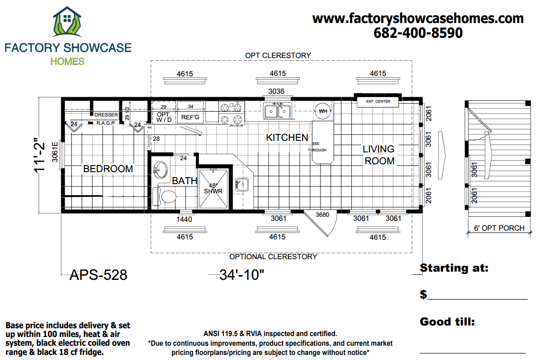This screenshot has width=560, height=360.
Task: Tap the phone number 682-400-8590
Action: point(418,33)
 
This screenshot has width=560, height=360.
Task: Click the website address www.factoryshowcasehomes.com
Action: point(418,18)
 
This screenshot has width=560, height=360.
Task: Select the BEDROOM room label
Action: point(108,169)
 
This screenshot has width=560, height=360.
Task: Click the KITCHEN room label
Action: point(287,138)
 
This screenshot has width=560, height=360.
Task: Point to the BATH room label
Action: point(185,181)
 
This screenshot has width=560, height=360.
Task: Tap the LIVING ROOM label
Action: point(379,155)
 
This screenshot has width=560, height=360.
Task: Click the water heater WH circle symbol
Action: point(323,111)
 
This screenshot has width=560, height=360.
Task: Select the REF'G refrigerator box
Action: point(190,117)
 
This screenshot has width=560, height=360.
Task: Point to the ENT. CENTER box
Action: point(378,101)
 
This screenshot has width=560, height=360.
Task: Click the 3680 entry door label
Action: point(322,215)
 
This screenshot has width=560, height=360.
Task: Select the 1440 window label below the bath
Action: point(184,219)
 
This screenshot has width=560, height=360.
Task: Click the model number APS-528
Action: point(98,275)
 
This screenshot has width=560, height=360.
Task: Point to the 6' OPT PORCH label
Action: point(499,228)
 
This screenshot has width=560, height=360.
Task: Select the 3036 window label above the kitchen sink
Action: point(276,91)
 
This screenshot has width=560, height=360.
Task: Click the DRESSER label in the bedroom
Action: point(106,115)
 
